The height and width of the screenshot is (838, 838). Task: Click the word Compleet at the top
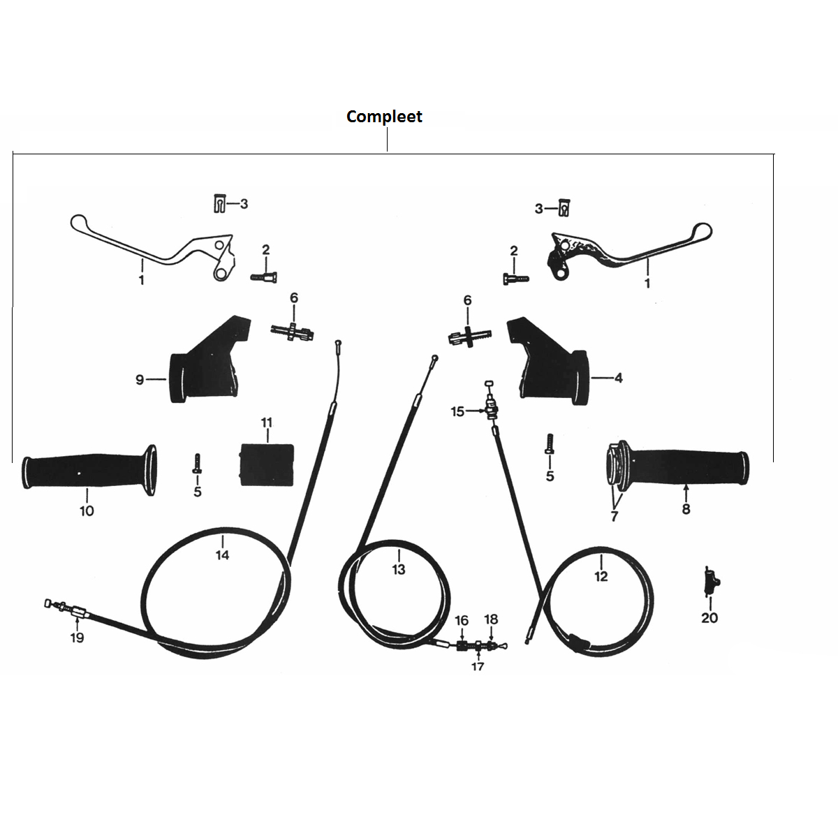click(x=384, y=117)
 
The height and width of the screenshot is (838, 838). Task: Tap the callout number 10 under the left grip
click(x=87, y=510)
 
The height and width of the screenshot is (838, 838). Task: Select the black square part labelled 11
click(x=267, y=464)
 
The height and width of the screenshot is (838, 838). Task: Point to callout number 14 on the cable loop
click(x=222, y=555)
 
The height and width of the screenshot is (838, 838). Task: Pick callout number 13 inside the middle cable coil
click(x=398, y=569)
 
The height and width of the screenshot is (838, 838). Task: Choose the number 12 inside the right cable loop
click(x=601, y=576)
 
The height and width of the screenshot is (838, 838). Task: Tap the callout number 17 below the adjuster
click(x=478, y=666)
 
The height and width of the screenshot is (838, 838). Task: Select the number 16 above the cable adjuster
click(x=462, y=621)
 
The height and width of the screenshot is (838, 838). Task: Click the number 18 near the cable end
click(x=491, y=619)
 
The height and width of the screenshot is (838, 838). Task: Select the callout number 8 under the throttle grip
click(x=686, y=509)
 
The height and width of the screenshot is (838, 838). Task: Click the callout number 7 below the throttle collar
click(x=614, y=516)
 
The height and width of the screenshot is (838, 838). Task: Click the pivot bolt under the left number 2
click(x=264, y=277)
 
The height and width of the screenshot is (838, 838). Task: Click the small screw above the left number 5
click(x=197, y=464)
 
